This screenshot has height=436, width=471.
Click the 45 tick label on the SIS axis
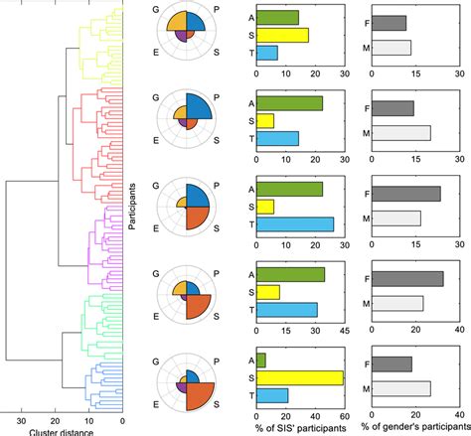pos(344,332)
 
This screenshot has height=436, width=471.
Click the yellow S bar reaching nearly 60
pos(299,377)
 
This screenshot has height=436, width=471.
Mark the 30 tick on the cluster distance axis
pos(22,418)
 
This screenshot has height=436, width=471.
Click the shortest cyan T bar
pos(266,53)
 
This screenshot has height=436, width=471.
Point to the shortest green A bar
pos(260,360)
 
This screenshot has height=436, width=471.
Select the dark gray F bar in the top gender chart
pos(388,23)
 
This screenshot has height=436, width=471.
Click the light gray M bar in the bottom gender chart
pos(400,387)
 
